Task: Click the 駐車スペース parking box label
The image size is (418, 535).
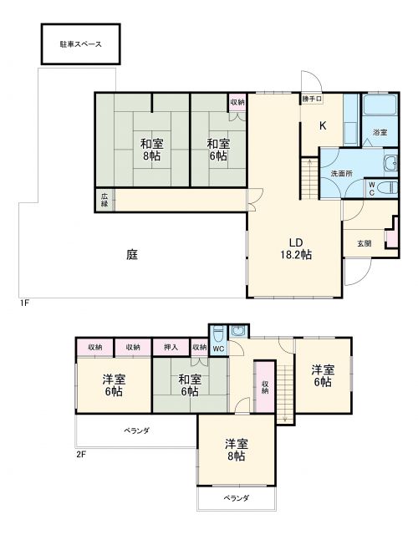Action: click(80, 44)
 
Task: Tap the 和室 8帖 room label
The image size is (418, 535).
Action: click(151, 149)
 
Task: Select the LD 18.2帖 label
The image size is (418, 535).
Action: click(295, 247)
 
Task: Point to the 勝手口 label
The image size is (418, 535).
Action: click(312, 99)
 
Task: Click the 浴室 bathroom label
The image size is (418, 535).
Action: click(380, 132)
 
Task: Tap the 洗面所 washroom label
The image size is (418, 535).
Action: click(340, 173)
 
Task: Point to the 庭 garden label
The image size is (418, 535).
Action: click(132, 256)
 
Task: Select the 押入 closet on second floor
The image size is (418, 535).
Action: click(171, 347)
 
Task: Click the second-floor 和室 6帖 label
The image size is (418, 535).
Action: click(188, 385)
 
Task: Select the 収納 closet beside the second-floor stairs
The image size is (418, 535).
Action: click(264, 386)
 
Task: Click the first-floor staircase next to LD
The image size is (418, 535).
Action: click(308, 177)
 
